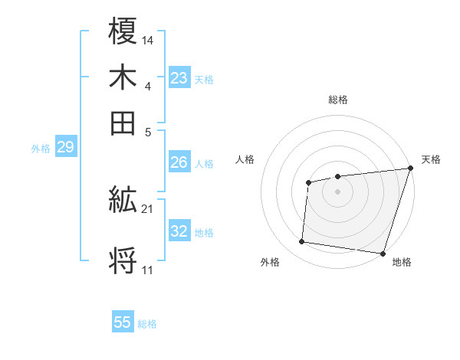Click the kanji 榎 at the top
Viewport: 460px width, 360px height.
pos(123,34)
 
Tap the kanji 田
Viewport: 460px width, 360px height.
pos(123,123)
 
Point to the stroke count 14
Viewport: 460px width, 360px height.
pos(148,39)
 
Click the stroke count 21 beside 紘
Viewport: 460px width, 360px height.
pos(148,208)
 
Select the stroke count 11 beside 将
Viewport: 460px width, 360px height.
pos(148,270)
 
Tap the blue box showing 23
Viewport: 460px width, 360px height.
pos(179,77)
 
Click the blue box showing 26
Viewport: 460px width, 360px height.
pos(179,162)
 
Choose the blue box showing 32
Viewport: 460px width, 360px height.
pos(179,231)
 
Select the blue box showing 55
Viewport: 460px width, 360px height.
pos(123,322)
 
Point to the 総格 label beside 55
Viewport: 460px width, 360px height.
pos(147,324)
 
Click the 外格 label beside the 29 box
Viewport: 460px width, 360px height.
pos(40,149)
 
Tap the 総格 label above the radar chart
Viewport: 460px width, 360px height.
pos(337,100)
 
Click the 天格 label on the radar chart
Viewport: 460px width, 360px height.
pos(431,159)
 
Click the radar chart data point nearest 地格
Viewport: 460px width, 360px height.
pos(383,253)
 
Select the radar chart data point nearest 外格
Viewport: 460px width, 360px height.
pos(302,242)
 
